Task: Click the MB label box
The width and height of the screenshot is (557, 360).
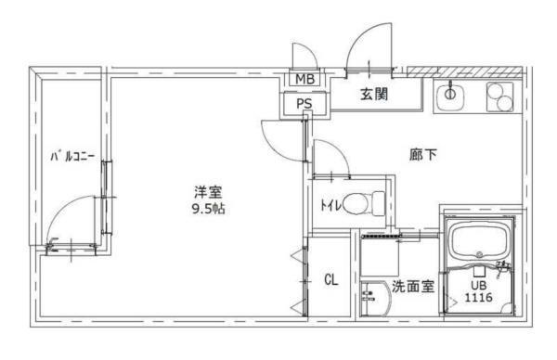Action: pyautogui.click(x=304, y=79)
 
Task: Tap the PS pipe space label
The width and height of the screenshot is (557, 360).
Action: pyautogui.click(x=304, y=104)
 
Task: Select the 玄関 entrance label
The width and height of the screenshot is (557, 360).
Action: pyautogui.click(x=373, y=94)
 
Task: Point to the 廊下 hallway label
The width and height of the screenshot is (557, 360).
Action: pyautogui.click(x=422, y=155)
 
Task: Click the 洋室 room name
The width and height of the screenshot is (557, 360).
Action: pyautogui.click(x=208, y=192)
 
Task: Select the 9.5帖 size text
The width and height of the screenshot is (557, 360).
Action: pyautogui.click(x=208, y=209)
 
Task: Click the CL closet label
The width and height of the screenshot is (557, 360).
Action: pyautogui.click(x=330, y=279)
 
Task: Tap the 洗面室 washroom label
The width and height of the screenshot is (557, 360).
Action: pyautogui.click(x=411, y=287)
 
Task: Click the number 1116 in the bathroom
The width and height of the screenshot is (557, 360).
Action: pyautogui.click(x=479, y=299)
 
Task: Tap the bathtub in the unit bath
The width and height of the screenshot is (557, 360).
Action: pyautogui.click(x=477, y=244)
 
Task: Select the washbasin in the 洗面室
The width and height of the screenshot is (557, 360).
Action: pyautogui.click(x=373, y=299)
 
